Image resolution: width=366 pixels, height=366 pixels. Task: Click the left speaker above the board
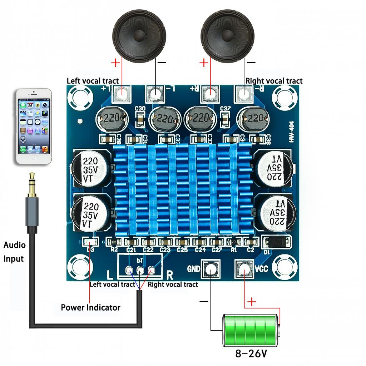click(x=139, y=36)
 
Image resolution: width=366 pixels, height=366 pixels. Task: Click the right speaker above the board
click(x=227, y=36)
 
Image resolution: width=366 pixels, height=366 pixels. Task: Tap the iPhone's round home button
click(x=34, y=158)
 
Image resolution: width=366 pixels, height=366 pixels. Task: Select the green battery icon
click(x=251, y=330)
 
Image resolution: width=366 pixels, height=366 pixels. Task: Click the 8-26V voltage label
click(x=251, y=354)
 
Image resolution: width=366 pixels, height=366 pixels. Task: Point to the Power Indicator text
click(x=90, y=307)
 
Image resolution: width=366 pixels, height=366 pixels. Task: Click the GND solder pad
click(x=211, y=269)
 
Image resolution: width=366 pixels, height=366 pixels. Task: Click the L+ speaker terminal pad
click(x=122, y=94)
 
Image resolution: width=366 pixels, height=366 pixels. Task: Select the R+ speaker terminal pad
click(x=210, y=94)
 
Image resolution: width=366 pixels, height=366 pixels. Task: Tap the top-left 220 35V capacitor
click(x=90, y=168)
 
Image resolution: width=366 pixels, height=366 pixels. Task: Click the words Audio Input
click(x=14, y=252)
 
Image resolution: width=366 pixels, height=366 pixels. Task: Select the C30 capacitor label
click(x=140, y=108)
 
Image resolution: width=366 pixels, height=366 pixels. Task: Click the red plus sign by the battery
click(x=252, y=302)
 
